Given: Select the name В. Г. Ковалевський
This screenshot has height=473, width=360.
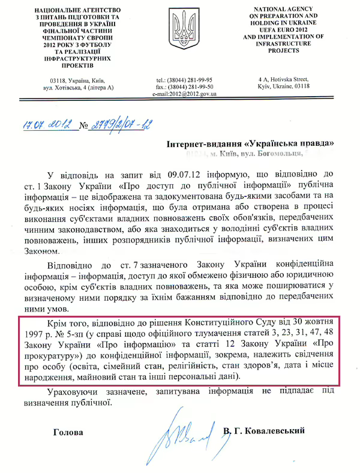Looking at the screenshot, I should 263,431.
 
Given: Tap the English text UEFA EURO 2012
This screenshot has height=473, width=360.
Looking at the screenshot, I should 280,29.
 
